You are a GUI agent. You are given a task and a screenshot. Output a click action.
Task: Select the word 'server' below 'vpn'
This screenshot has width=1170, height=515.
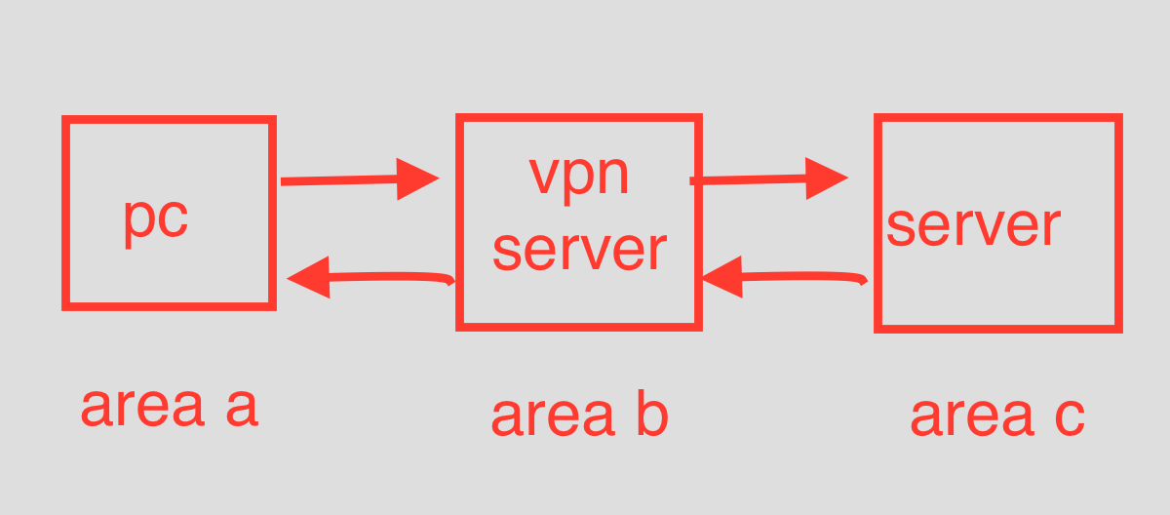[579, 249]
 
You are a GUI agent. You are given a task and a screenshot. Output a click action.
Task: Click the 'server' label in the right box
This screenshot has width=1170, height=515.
[972, 225]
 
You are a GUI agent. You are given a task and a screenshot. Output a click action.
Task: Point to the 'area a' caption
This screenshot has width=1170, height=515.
[169, 407]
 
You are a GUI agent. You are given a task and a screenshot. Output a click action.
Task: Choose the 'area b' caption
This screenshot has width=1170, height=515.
[579, 416]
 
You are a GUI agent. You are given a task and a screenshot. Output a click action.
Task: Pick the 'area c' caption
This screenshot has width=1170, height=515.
[996, 416]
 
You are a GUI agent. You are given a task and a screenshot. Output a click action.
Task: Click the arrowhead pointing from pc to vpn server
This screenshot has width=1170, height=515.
[417, 178]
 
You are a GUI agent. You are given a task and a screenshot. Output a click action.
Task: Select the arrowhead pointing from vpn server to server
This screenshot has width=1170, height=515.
[827, 178]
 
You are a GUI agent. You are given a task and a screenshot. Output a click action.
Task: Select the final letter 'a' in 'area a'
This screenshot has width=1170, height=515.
[241, 409]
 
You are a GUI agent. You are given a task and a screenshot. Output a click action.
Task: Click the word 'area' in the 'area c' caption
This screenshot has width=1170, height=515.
[970, 417]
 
